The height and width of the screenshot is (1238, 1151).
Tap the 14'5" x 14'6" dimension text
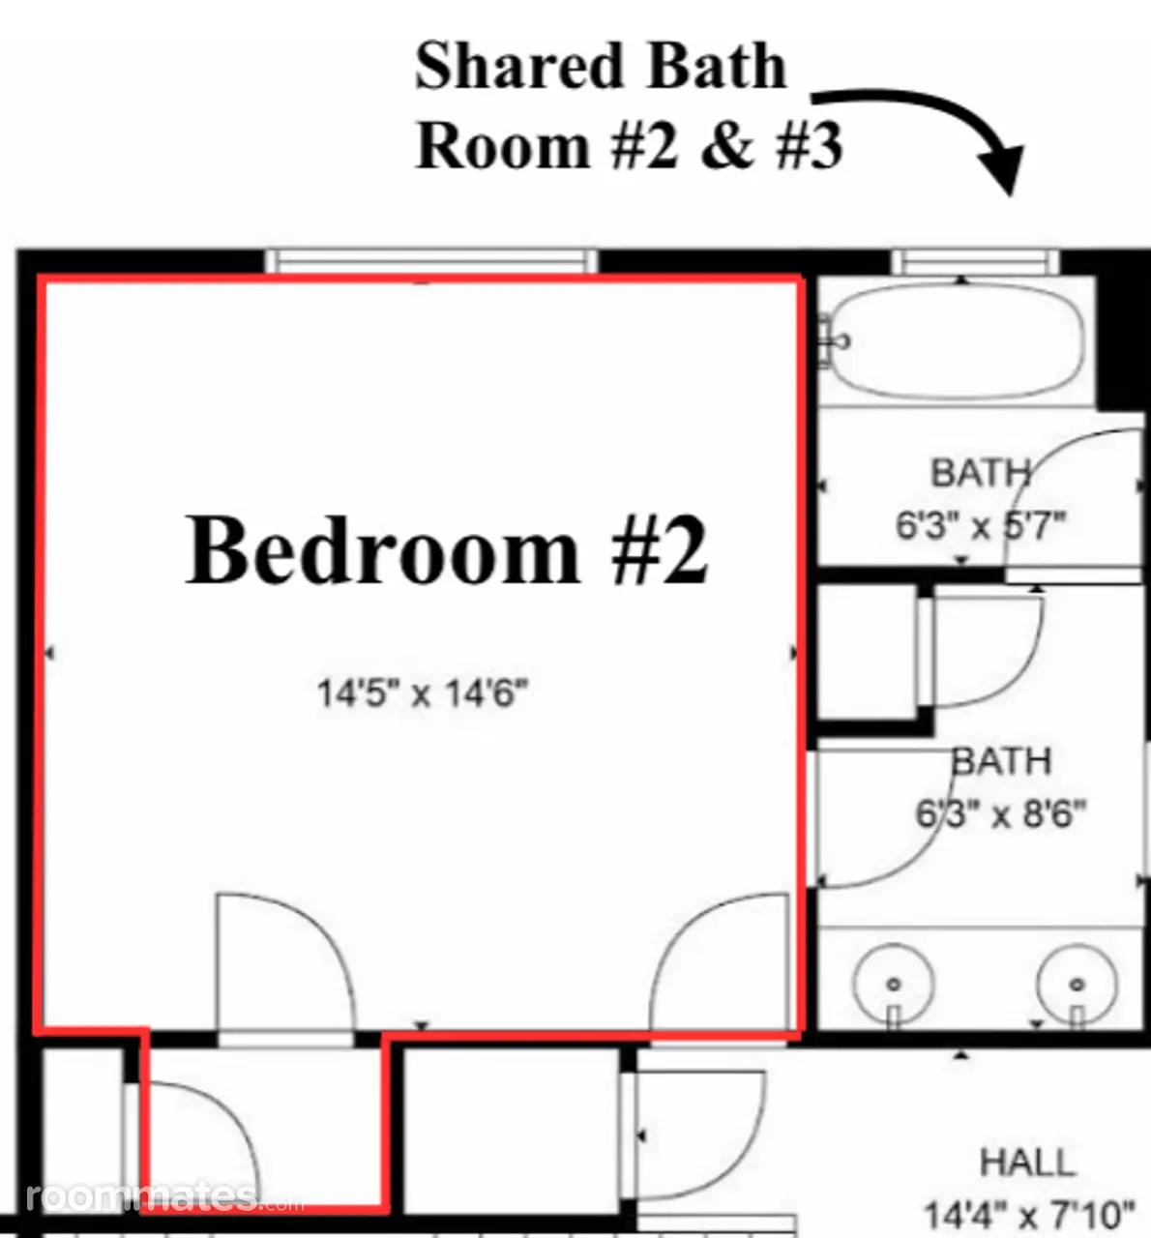click(423, 693)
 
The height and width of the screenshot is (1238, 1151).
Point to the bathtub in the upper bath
click(958, 340)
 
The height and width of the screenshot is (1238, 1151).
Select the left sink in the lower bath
click(894, 984)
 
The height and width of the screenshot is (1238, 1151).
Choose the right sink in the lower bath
click(1077, 984)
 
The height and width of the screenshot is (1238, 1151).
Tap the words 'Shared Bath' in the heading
click(601, 66)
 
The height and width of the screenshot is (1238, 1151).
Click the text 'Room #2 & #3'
click(629, 146)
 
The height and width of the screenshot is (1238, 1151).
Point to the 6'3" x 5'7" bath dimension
click(981, 525)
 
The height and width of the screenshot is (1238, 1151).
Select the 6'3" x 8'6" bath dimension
click(1001, 813)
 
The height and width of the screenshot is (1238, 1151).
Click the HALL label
click(1027, 1162)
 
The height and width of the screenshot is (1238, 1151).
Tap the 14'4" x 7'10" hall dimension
click(1029, 1215)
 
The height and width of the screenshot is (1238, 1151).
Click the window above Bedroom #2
click(430, 260)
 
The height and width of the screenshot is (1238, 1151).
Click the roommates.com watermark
click(165, 1196)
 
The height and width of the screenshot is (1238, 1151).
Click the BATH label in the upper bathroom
click(981, 473)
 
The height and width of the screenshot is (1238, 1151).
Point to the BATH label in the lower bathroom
click(1001, 761)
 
